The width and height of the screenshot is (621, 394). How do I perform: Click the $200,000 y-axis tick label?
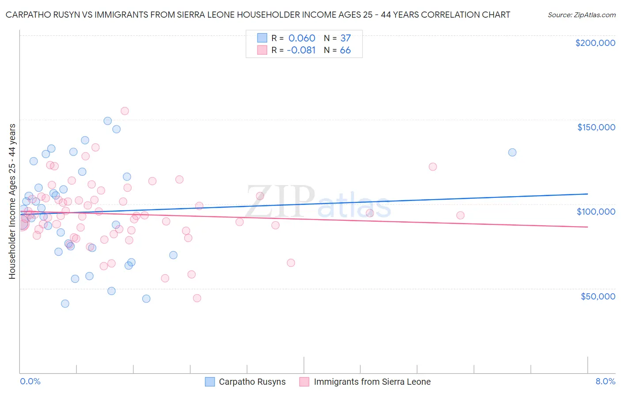pyautogui.click(x=595, y=43)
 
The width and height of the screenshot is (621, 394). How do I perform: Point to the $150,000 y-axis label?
pyautogui.click(x=596, y=127)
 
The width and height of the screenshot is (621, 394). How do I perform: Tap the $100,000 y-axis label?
pyautogui.click(x=596, y=212)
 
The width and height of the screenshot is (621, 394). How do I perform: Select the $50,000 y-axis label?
pyautogui.click(x=598, y=296)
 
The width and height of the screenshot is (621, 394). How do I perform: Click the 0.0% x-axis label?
pyautogui.click(x=30, y=381)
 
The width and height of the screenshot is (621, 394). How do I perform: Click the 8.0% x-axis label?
pyautogui.click(x=605, y=381)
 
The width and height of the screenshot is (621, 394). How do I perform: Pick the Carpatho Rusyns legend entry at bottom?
pyautogui.click(x=252, y=382)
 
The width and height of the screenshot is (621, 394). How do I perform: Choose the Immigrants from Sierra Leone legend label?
pyautogui.click(x=372, y=382)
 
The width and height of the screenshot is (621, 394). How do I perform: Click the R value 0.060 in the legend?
pyautogui.click(x=302, y=38)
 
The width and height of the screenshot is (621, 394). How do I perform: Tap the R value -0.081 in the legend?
pyautogui.click(x=301, y=50)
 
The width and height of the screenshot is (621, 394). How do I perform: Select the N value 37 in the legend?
pyautogui.click(x=345, y=38)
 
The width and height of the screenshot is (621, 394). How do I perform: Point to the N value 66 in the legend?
pyautogui.click(x=345, y=50)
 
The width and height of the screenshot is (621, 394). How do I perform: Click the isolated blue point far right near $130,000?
pyautogui.click(x=512, y=152)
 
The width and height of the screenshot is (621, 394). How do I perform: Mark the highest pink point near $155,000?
pyautogui.click(x=125, y=111)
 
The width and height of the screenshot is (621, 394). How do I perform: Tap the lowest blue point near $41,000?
pyautogui.click(x=65, y=303)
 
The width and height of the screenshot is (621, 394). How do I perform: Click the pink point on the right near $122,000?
pyautogui.click(x=433, y=167)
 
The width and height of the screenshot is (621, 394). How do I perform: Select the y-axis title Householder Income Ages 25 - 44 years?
pyautogui.click(x=12, y=201)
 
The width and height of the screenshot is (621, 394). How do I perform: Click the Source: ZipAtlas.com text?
pyautogui.click(x=581, y=15)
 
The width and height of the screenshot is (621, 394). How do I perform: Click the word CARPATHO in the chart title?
pyautogui.click(x=28, y=15)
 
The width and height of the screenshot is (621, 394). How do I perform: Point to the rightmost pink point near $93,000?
pyautogui.click(x=460, y=215)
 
